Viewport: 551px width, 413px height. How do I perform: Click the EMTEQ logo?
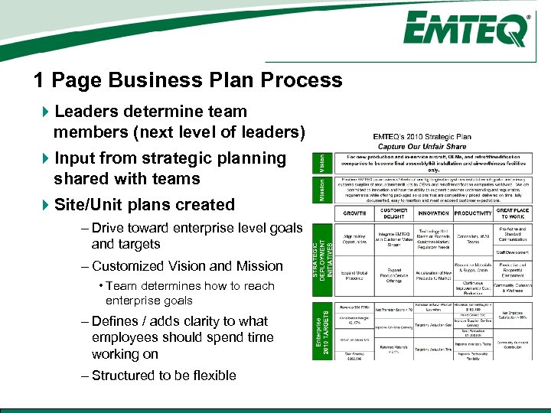click(465, 31)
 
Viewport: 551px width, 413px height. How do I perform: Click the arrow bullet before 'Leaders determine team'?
click(44, 112)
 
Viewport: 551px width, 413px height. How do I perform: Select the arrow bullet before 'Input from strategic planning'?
click(44, 159)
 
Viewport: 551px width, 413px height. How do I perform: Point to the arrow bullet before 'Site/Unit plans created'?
click(44, 205)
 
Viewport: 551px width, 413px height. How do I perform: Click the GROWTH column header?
click(354, 212)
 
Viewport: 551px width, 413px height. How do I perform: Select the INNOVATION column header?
click(433, 212)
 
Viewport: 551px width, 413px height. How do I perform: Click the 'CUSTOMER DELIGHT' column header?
click(393, 212)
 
